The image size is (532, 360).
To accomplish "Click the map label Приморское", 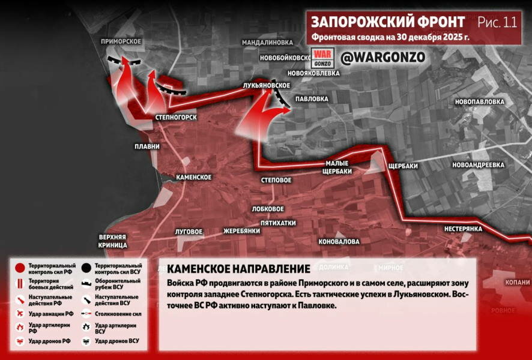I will click(121, 41).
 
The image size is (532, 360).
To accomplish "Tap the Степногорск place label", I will click(176, 116).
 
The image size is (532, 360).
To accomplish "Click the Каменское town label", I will click(193, 178).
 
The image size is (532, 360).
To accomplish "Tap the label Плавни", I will click(147, 146).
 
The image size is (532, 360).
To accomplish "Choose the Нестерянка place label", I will click(464, 229).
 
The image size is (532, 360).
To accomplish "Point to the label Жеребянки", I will click(241, 230).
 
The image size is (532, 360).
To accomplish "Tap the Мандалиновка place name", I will click(267, 43).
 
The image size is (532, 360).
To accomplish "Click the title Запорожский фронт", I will click(387, 22).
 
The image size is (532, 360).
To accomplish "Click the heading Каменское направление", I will click(238, 269).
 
